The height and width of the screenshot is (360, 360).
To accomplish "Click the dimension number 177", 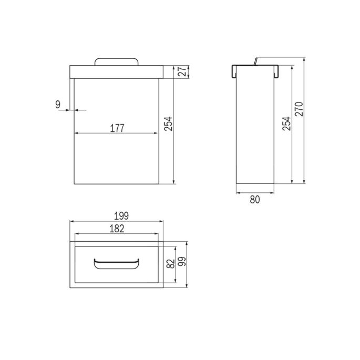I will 117,128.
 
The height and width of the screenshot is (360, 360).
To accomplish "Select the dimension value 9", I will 58,104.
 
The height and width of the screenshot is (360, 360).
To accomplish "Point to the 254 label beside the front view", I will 168,124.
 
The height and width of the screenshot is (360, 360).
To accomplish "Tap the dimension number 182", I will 117,228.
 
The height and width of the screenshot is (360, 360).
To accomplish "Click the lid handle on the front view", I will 116,61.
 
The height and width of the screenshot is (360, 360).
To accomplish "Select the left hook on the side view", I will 233,71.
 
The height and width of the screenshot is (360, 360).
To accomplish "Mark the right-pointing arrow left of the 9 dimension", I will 68,110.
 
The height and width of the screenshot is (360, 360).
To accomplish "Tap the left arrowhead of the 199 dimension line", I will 72,222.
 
